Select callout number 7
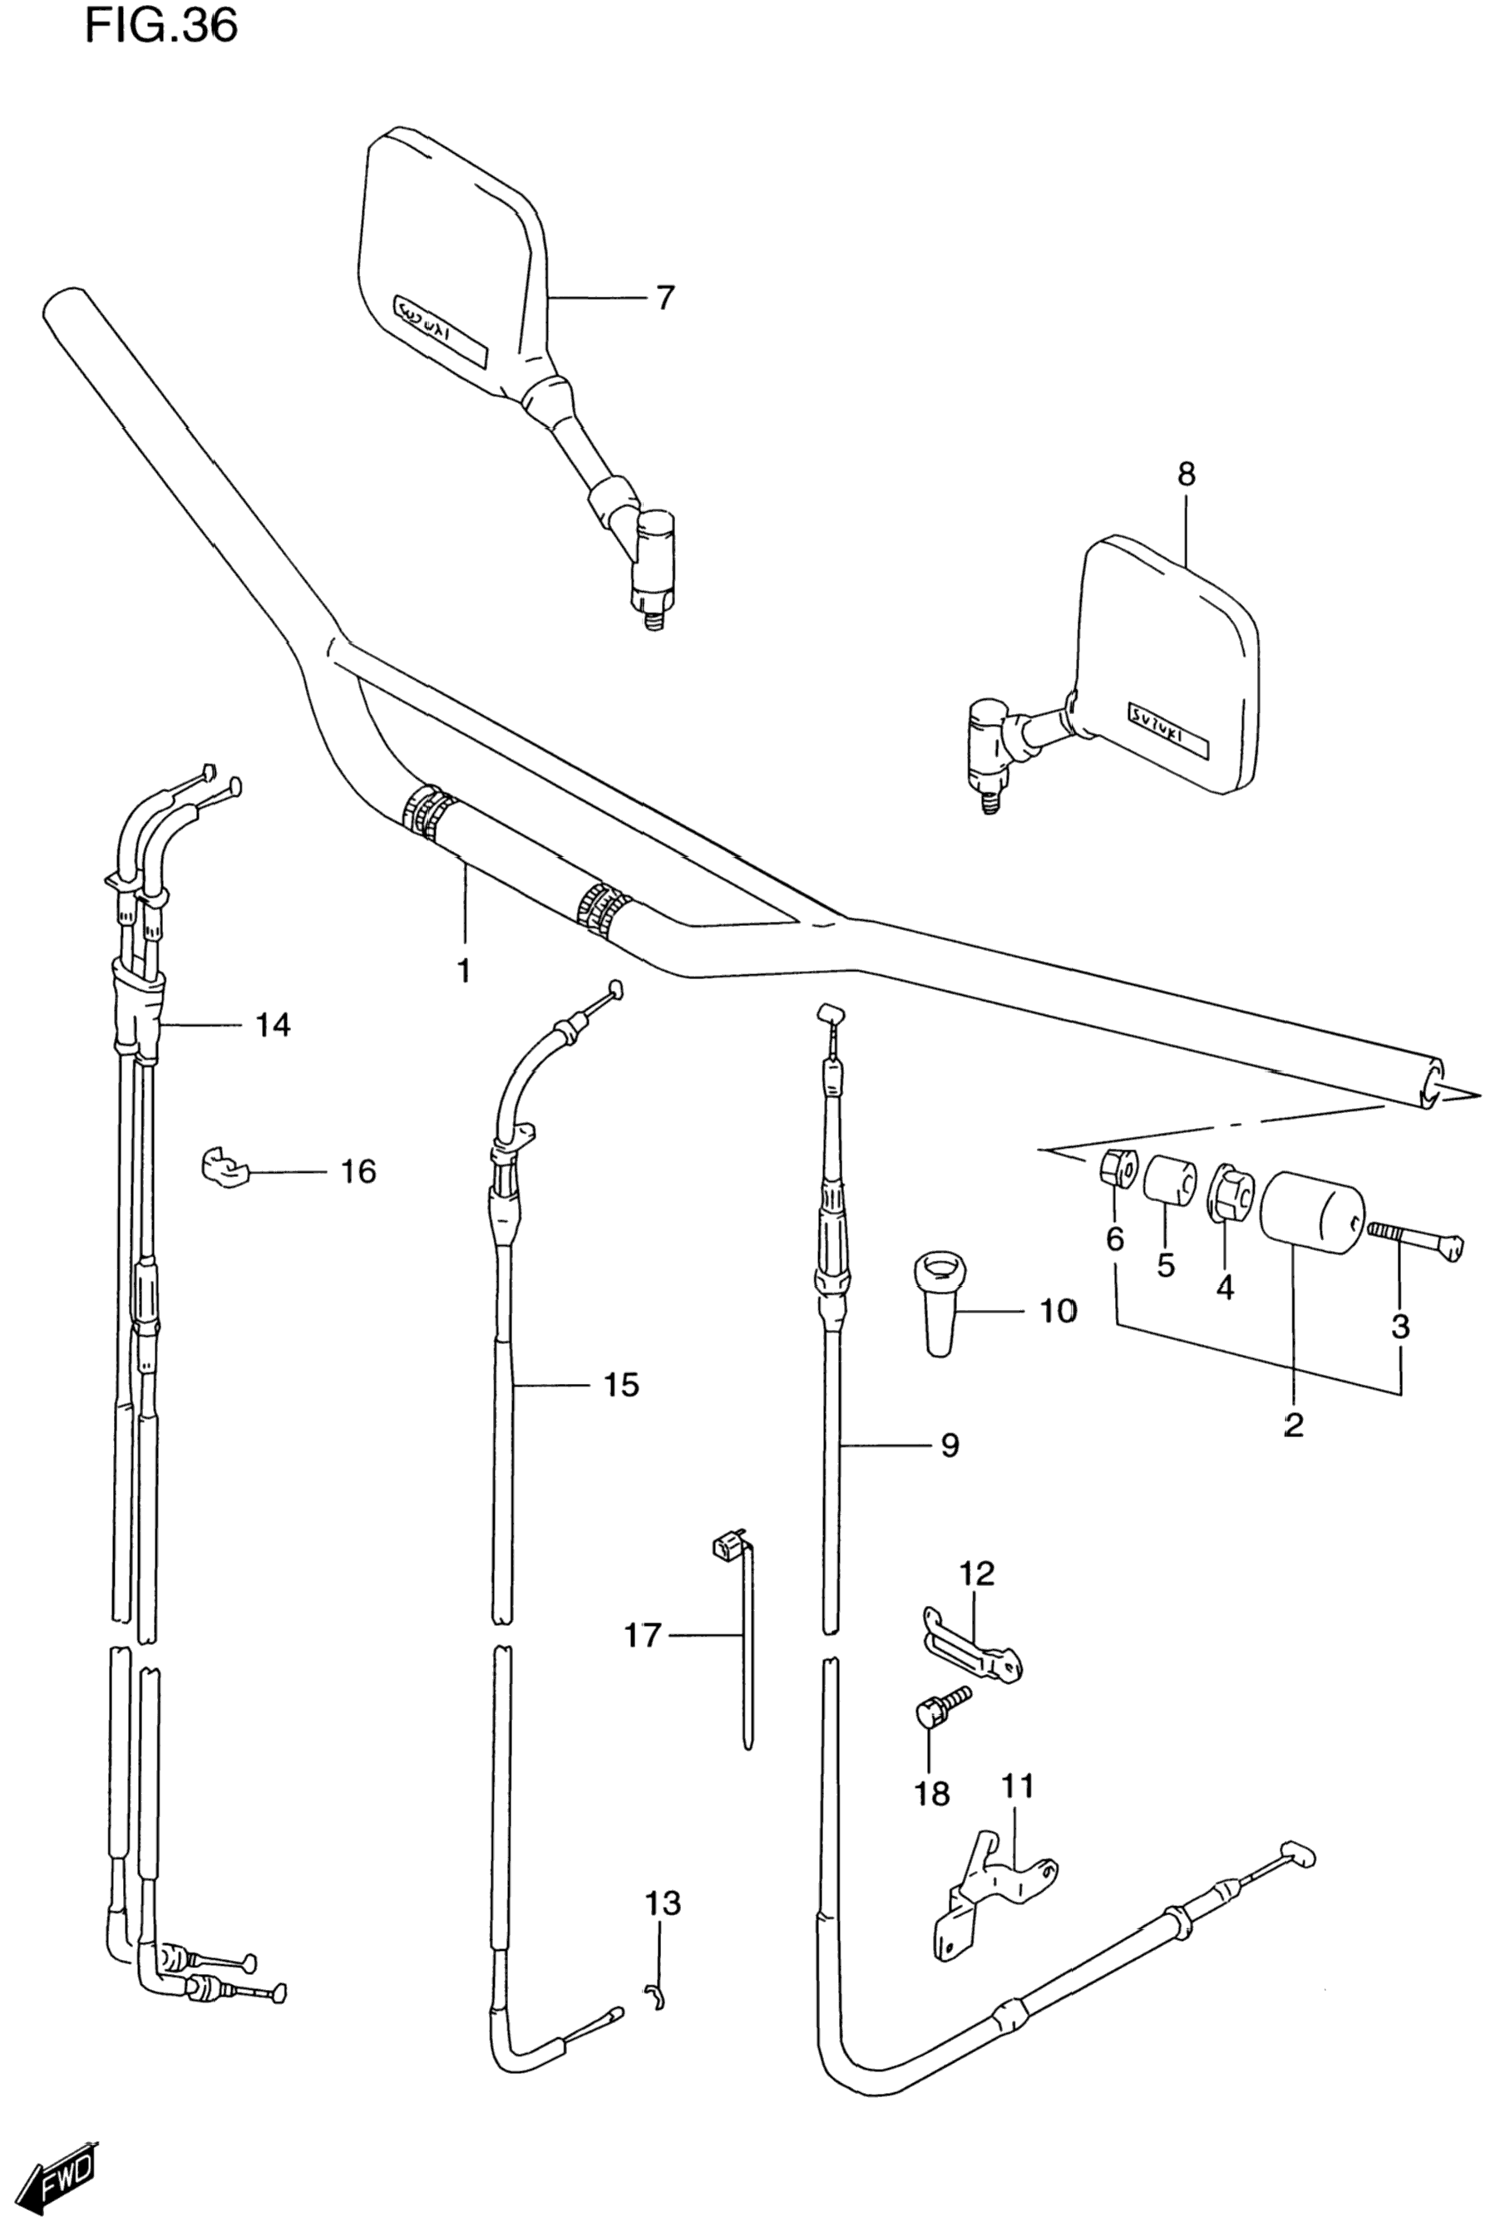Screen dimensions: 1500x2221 pos(664,298)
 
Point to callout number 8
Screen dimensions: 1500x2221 pos(1186,474)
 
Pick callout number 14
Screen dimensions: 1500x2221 pos(273,1026)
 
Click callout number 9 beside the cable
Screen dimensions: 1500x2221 pos(949,1446)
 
